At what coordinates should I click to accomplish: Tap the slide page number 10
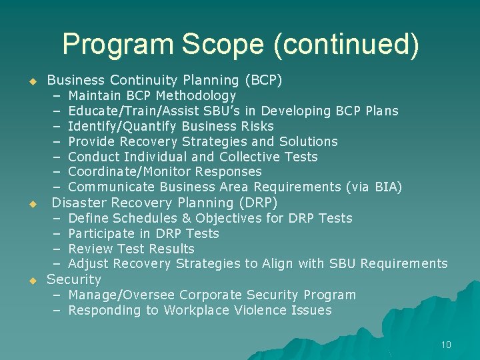[446, 345]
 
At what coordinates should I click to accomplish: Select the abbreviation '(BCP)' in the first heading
[264, 81]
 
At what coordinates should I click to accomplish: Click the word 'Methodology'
[196, 96]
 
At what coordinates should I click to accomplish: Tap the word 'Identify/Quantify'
[123, 127]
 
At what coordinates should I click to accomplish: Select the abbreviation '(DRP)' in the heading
[257, 203]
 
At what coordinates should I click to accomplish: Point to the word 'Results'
[171, 249]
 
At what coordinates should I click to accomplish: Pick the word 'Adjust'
[88, 264]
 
